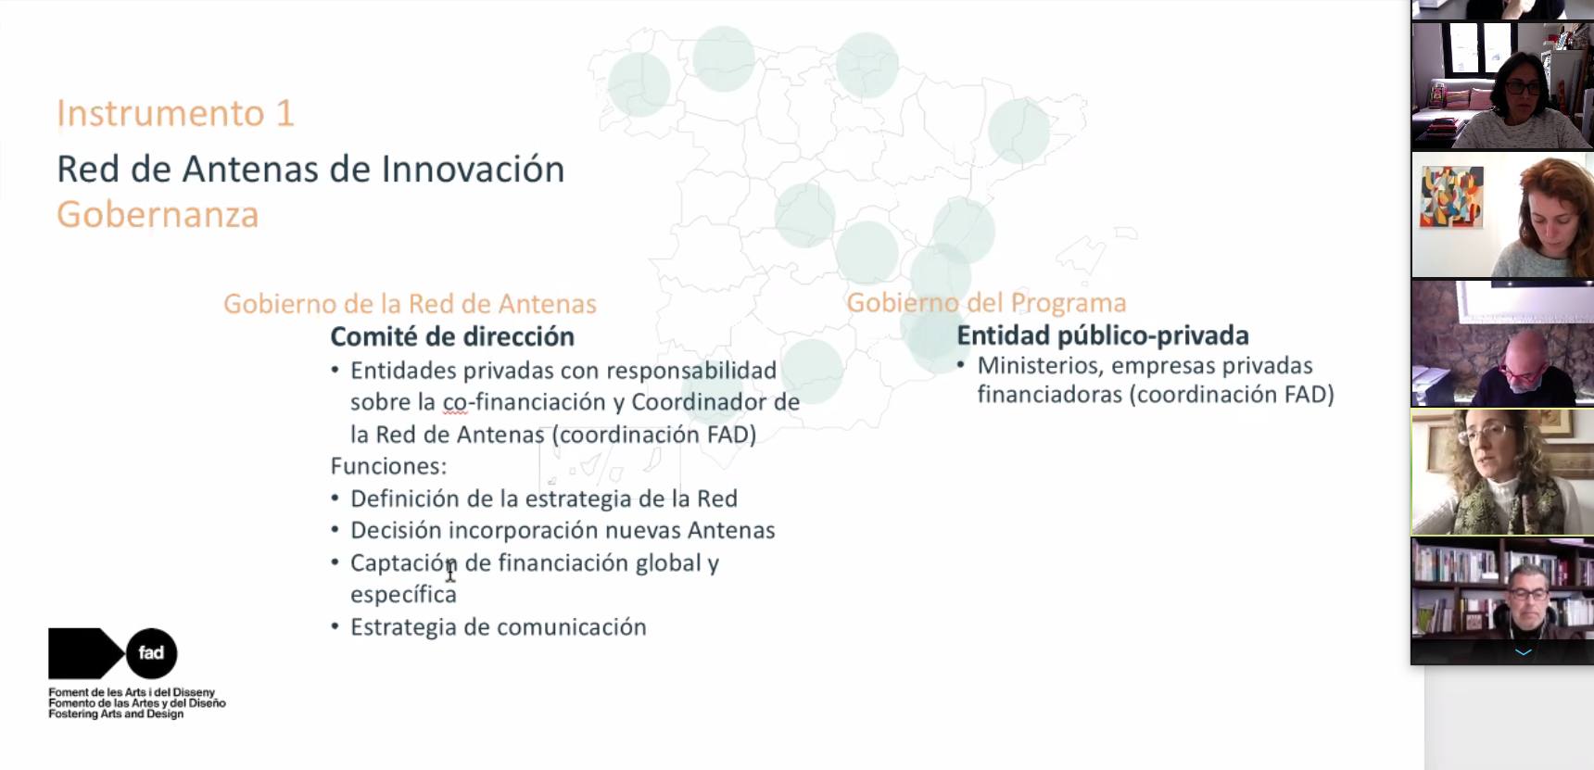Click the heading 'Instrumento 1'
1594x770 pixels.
[175, 113]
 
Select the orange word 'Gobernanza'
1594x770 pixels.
[158, 215]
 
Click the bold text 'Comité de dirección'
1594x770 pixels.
[452, 336]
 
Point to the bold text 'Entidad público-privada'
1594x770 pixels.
[1103, 335]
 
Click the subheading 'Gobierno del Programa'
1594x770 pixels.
[986, 303]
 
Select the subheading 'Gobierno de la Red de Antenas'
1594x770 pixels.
[410, 304]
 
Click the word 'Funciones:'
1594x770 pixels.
[388, 466]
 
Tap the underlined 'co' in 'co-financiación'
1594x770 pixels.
[454, 403]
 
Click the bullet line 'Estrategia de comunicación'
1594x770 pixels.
[499, 627]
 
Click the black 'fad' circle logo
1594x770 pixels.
[151, 653]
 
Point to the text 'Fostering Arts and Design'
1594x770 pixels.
[116, 714]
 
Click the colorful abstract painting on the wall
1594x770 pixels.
[1452, 196]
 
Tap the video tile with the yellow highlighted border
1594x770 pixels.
[1502, 473]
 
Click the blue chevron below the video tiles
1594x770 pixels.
[1523, 652]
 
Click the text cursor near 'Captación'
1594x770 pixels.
[450, 571]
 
